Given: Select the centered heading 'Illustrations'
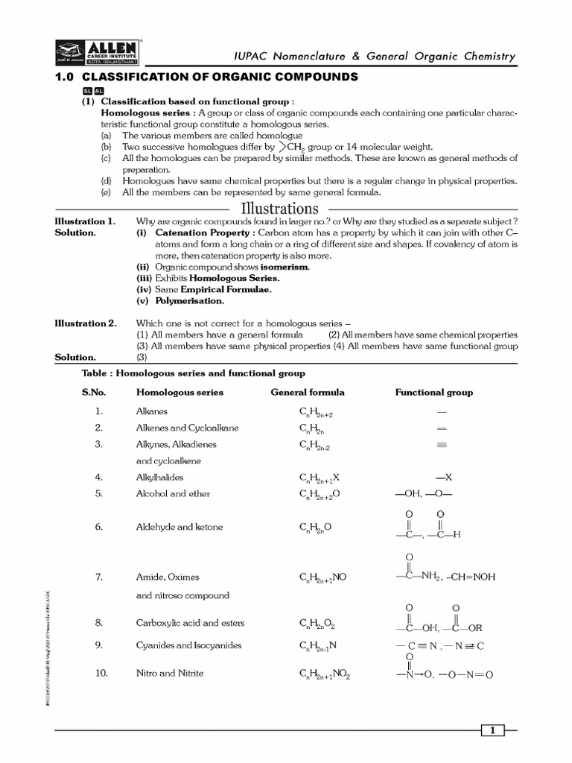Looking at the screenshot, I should tap(279, 208).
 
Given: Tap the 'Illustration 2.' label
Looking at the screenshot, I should tap(86, 323).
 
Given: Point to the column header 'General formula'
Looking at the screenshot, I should tap(308, 392).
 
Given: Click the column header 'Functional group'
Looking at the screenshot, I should tap(433, 392).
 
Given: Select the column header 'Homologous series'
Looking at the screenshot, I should tap(179, 392).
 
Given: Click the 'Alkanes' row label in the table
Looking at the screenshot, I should tap(152, 411).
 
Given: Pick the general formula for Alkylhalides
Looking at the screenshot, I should tap(320, 478).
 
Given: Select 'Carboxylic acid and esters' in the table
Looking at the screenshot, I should tap(190, 623).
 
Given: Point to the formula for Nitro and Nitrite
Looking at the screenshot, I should tap(324, 674).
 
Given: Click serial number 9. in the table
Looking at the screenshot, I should tap(98, 645).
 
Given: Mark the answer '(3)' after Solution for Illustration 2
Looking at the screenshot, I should tap(142, 358).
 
